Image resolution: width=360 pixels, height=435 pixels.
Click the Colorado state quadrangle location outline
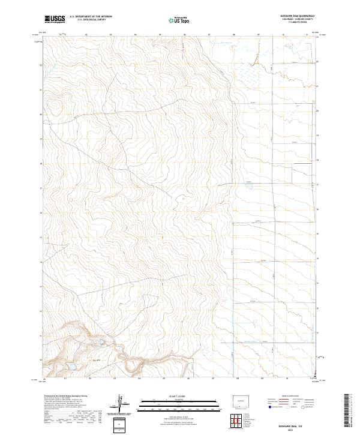[x=243, y=400]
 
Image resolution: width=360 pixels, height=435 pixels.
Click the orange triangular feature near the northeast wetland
[x=255, y=58]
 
